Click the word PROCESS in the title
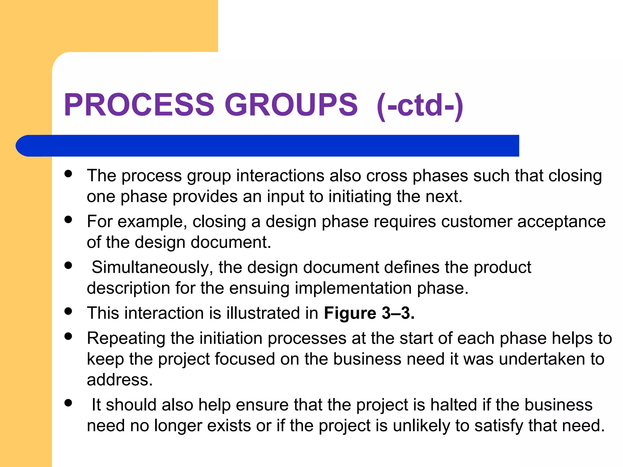click(139, 105)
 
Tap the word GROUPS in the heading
click(291, 105)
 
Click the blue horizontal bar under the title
click(268, 146)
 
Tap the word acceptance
click(561, 221)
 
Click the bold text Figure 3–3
click(369, 313)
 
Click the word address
click(120, 380)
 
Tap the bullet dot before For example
click(68, 220)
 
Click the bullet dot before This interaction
click(68, 311)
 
